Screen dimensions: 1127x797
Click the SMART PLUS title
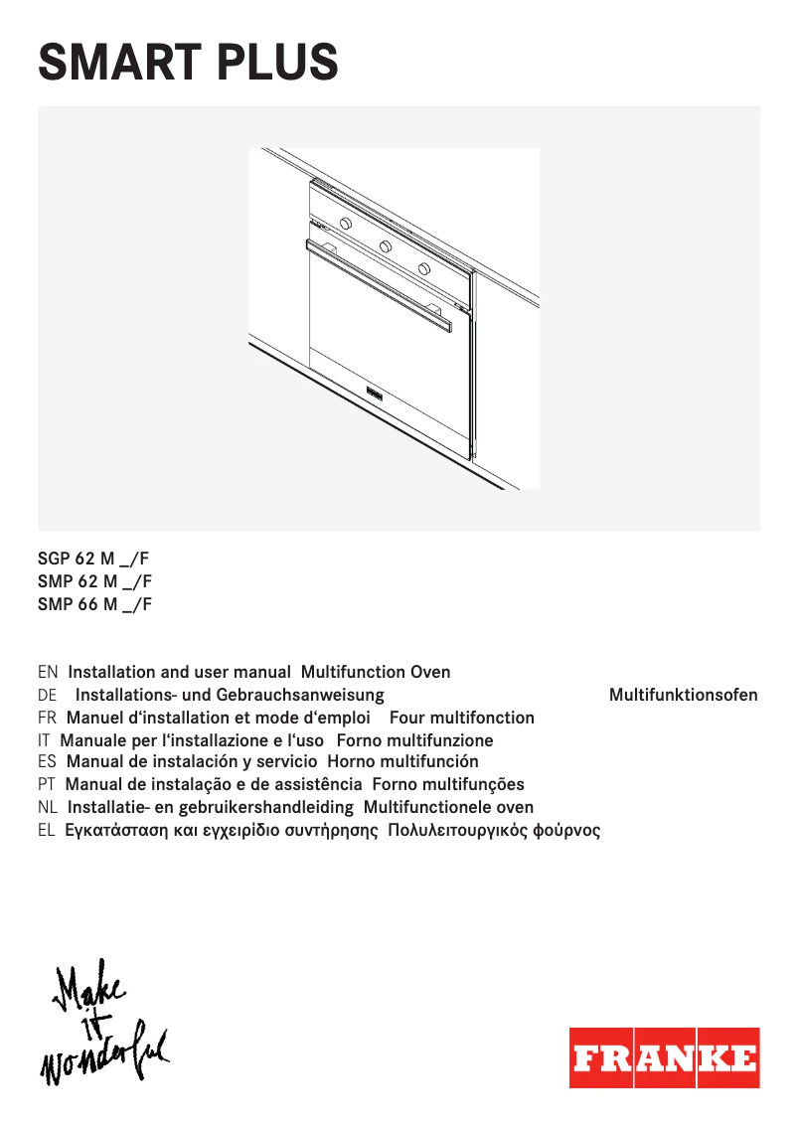tap(188, 62)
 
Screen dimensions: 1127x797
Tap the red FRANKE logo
tap(664, 1057)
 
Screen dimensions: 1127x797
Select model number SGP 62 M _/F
tap(94, 559)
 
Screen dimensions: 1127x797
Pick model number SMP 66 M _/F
tap(94, 604)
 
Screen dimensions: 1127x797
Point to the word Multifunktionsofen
tap(683, 695)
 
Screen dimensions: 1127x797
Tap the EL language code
tap(46, 831)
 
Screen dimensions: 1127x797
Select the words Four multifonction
tap(462, 718)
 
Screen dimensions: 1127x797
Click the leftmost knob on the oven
tap(343, 223)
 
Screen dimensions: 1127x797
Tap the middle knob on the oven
tap(385, 244)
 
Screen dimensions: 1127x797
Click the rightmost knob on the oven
tap(424, 268)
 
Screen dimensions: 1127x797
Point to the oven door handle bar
tap(378, 283)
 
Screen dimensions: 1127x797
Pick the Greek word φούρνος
tap(567, 831)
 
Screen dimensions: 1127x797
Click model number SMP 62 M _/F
tap(94, 581)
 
